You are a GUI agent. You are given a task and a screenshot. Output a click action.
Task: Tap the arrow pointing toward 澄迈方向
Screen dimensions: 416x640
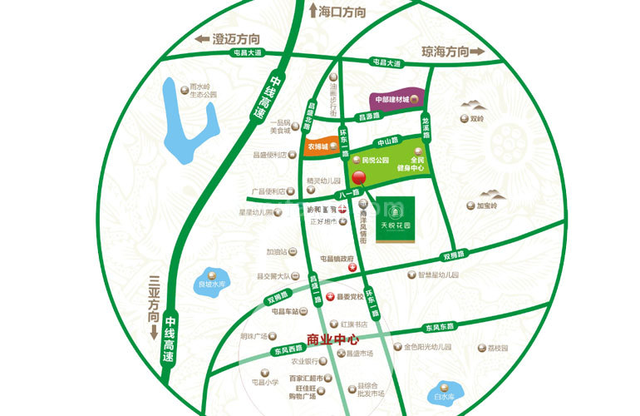[200, 38]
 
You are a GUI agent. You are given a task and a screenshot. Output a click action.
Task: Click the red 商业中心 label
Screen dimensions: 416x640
[332, 339]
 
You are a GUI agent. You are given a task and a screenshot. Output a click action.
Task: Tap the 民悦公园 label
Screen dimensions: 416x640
[370, 159]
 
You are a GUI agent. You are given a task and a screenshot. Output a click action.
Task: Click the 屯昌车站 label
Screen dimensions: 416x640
[287, 310]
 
